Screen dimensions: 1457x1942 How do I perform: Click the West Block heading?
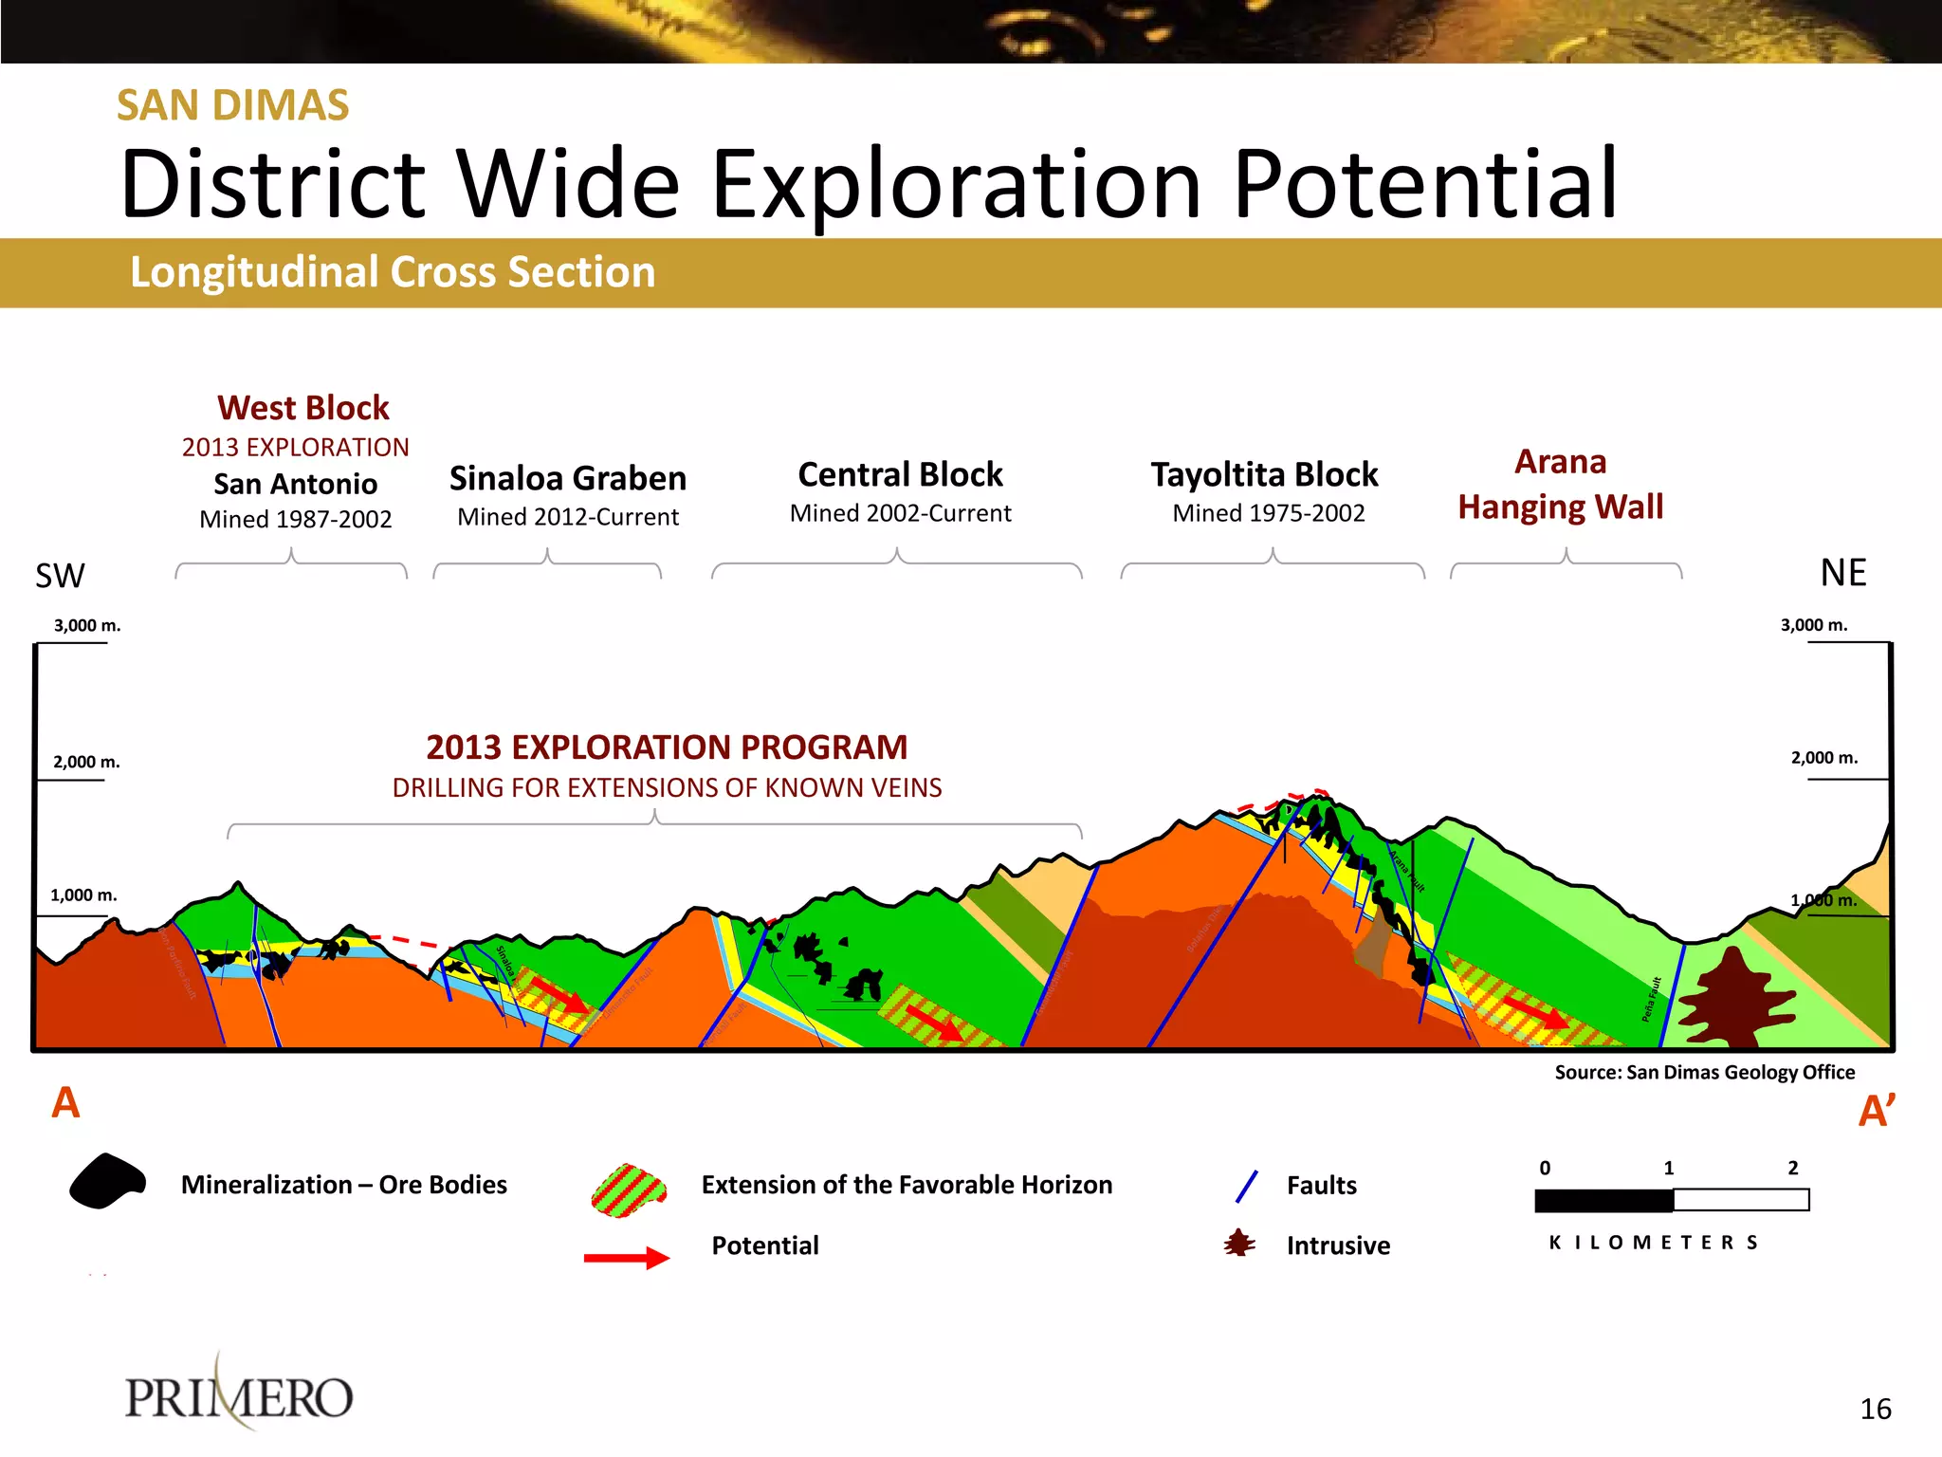click(x=302, y=408)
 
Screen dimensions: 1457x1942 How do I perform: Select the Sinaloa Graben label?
click(x=567, y=478)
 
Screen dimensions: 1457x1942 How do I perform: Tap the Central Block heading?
click(x=900, y=474)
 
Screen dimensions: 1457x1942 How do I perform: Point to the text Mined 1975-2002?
click(x=1268, y=513)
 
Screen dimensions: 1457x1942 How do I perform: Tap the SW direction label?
click(x=60, y=576)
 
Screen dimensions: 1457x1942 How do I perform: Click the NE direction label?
click(x=1842, y=573)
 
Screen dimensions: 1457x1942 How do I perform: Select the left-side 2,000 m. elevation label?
click(x=86, y=762)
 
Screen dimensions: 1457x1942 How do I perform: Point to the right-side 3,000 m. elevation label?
click(x=1813, y=625)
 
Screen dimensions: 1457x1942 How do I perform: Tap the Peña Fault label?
click(x=1651, y=999)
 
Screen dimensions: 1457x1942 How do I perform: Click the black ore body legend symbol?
click(x=107, y=1181)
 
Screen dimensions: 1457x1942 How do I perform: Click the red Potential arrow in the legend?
click(x=626, y=1258)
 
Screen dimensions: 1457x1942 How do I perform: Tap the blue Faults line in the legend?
click(x=1247, y=1186)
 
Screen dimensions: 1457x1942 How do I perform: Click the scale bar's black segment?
click(x=1603, y=1201)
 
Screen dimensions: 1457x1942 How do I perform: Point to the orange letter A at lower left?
click(x=65, y=1103)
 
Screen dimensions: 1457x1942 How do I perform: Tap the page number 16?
click(x=1875, y=1409)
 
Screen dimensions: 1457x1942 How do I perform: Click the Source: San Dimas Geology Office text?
click(x=1704, y=1072)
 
